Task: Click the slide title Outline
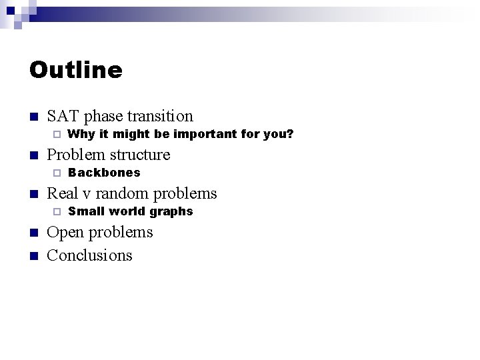click(x=76, y=70)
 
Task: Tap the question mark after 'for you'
click(x=290, y=134)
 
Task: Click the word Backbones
click(x=104, y=173)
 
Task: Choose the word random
click(x=127, y=193)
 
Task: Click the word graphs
click(x=171, y=211)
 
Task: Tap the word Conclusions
click(x=90, y=255)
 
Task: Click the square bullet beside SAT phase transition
click(x=34, y=117)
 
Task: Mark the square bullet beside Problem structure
click(x=34, y=156)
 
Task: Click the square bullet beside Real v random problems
click(x=34, y=195)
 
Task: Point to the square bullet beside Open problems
click(x=34, y=233)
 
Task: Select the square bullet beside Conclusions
click(x=34, y=256)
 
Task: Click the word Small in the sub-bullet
click(x=83, y=211)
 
